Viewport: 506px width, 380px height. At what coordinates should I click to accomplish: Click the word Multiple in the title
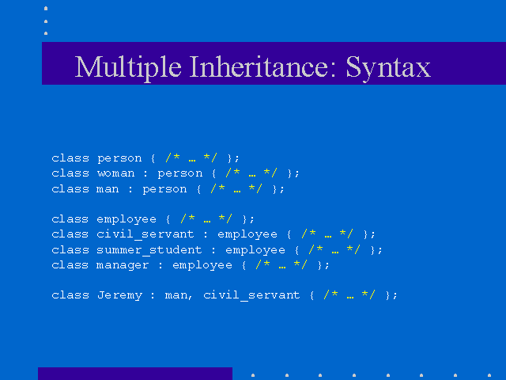click(x=128, y=67)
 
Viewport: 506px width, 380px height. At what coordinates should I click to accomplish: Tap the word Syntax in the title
click(x=388, y=68)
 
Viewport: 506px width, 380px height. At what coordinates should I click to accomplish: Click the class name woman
click(x=116, y=173)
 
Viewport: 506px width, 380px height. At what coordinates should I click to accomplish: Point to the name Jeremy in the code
click(x=119, y=295)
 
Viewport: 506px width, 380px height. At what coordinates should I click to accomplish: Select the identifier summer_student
click(x=149, y=250)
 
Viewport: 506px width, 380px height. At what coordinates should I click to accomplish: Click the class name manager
click(x=123, y=266)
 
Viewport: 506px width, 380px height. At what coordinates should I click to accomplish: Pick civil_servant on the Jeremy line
click(x=251, y=295)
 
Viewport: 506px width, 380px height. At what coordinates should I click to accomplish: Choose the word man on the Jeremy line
click(x=176, y=295)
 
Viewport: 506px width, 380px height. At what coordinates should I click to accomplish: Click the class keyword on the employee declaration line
click(x=70, y=218)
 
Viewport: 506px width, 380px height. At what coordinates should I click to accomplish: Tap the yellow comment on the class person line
click(x=191, y=158)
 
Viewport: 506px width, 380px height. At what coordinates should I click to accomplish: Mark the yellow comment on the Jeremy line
click(x=349, y=294)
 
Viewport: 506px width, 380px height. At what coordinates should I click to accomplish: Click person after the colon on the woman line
click(x=180, y=174)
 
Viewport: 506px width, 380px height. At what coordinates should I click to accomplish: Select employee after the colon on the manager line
click(x=202, y=266)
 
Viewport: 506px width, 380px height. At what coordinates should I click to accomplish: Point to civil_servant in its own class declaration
click(x=145, y=234)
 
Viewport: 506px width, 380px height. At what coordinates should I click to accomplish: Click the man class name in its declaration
click(x=108, y=189)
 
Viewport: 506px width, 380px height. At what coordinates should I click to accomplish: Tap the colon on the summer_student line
click(x=213, y=250)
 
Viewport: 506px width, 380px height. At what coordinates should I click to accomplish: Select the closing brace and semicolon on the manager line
click(x=323, y=265)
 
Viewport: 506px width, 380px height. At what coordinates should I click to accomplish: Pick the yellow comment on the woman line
click(x=251, y=173)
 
